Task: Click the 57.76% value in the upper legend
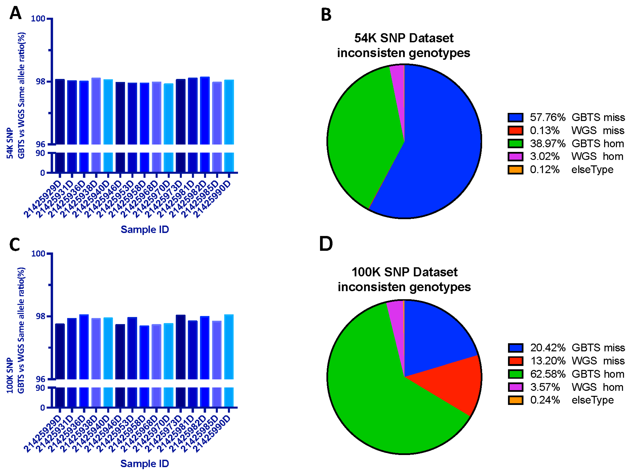coord(547,117)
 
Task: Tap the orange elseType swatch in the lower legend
coord(515,400)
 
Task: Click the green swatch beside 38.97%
coord(515,143)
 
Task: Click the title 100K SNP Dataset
coord(404,272)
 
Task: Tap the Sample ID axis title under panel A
coord(145,229)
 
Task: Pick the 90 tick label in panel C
coord(40,388)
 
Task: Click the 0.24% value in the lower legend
coord(545,400)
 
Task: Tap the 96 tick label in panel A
coord(40,144)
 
